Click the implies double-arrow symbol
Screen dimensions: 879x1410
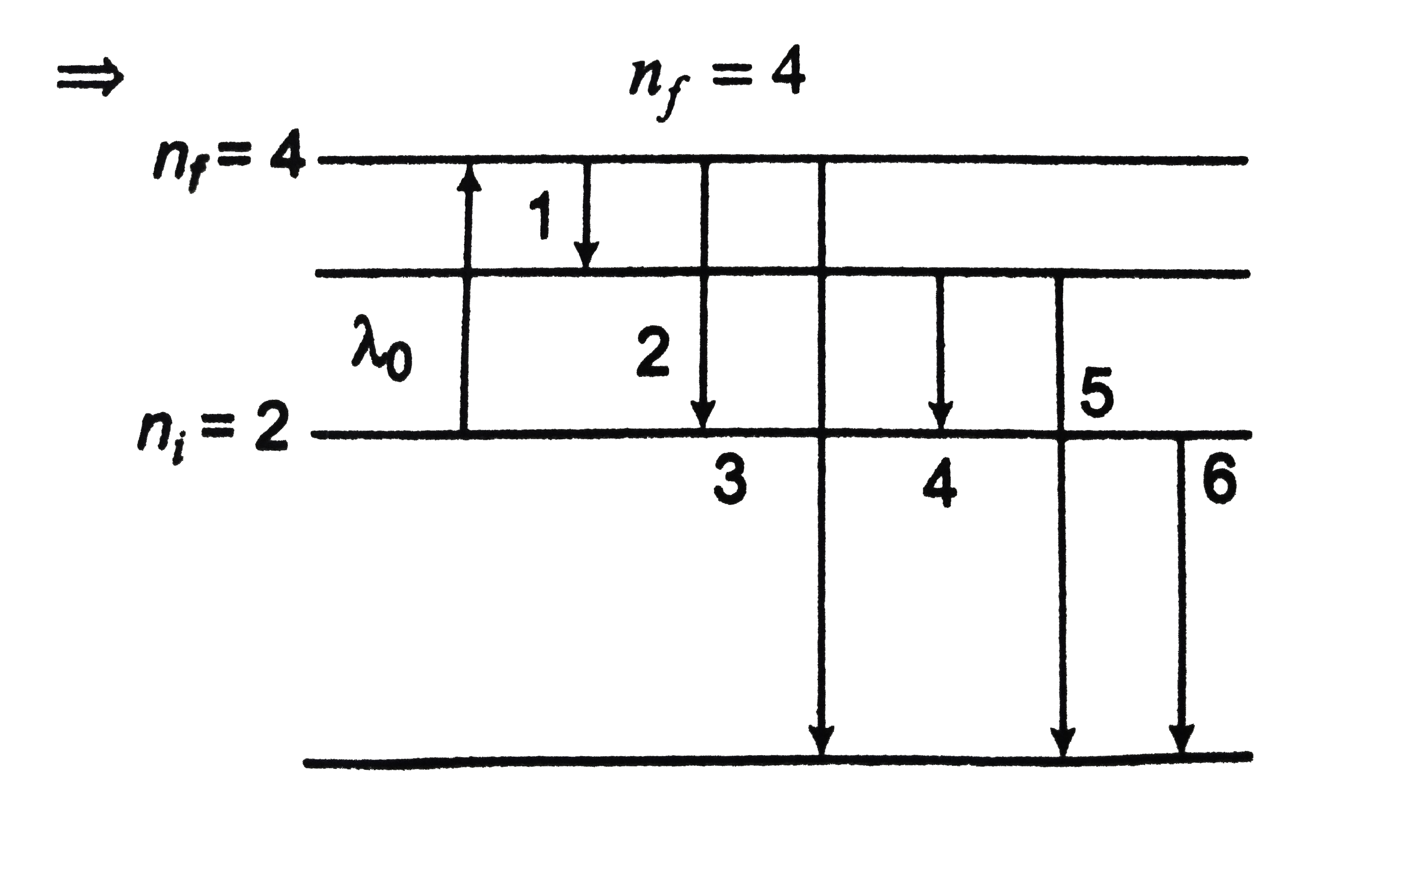click(90, 76)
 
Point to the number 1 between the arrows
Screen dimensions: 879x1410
click(541, 216)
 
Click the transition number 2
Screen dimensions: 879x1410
click(653, 352)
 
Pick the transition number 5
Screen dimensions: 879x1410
click(1096, 392)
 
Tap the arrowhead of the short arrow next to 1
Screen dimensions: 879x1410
click(586, 256)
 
